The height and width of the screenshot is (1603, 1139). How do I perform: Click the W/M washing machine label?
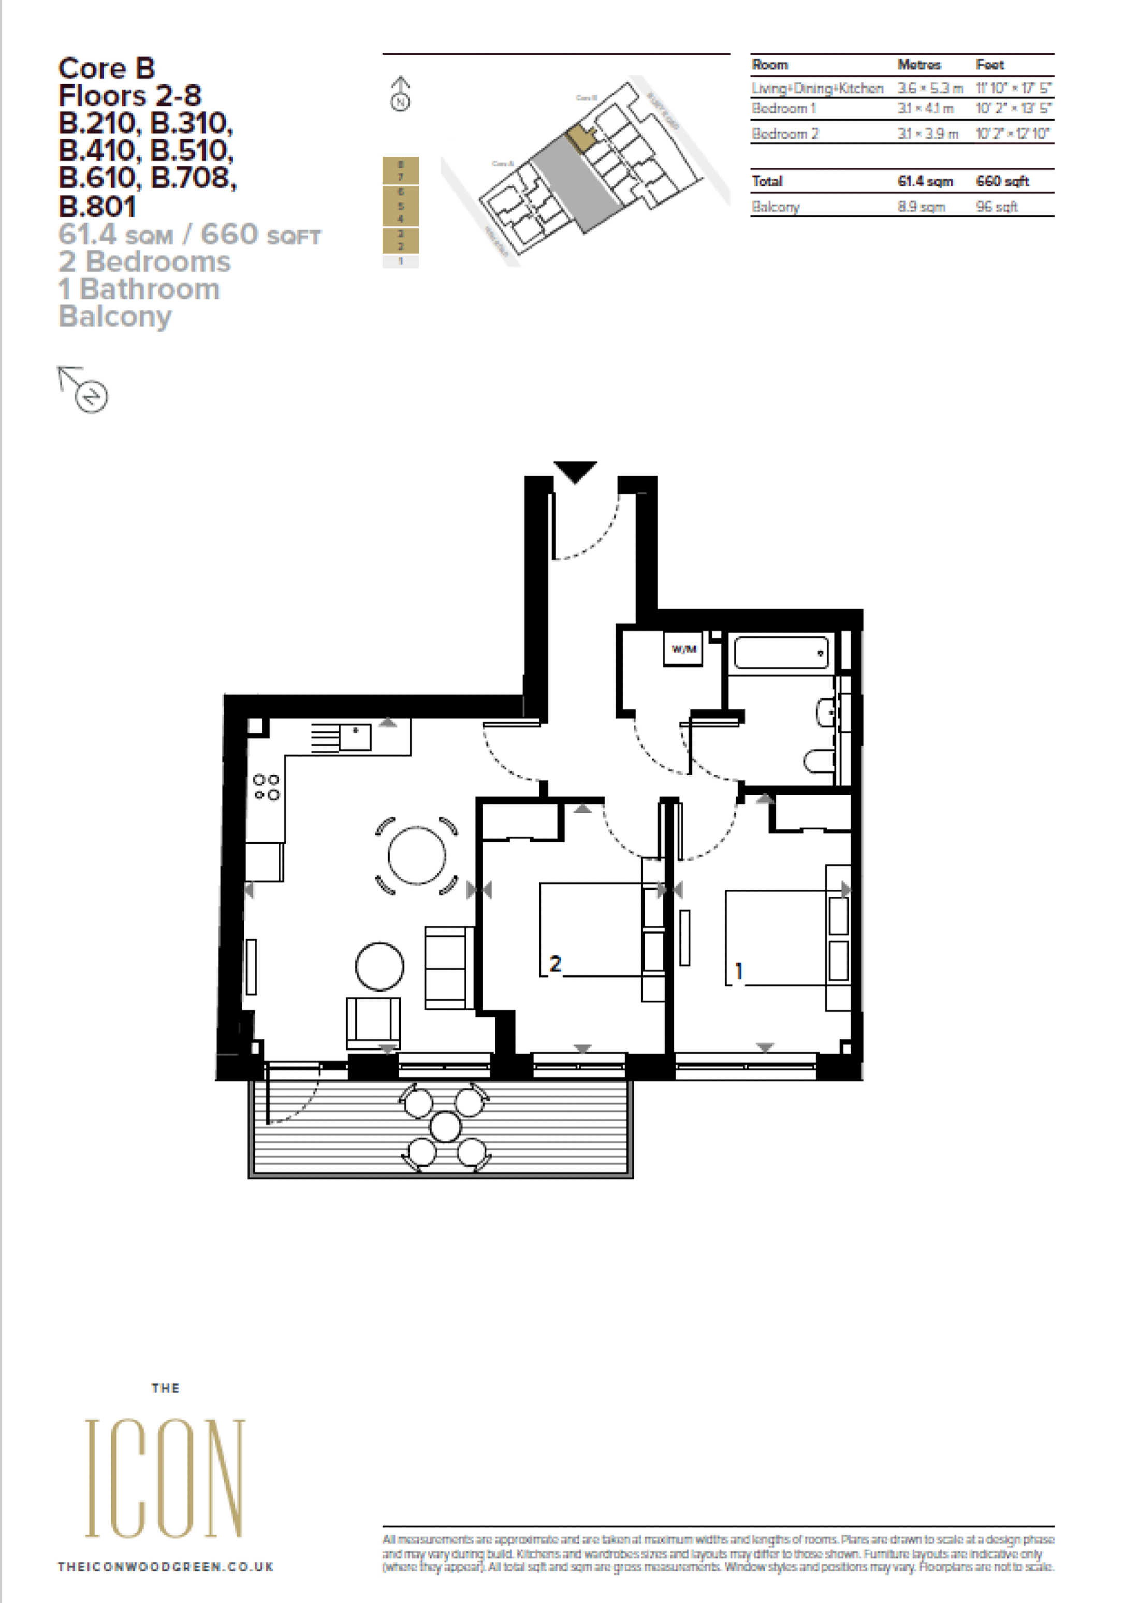683,649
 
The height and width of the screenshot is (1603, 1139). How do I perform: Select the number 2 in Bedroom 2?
556,964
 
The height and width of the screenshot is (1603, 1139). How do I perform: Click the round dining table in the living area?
417,855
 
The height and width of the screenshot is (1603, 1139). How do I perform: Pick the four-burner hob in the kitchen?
267,787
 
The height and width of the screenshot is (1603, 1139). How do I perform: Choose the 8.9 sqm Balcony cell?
921,207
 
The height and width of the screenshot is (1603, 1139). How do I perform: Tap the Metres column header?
919,65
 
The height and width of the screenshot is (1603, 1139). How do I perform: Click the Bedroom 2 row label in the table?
785,133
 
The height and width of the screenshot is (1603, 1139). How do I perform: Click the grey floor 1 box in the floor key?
401,261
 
